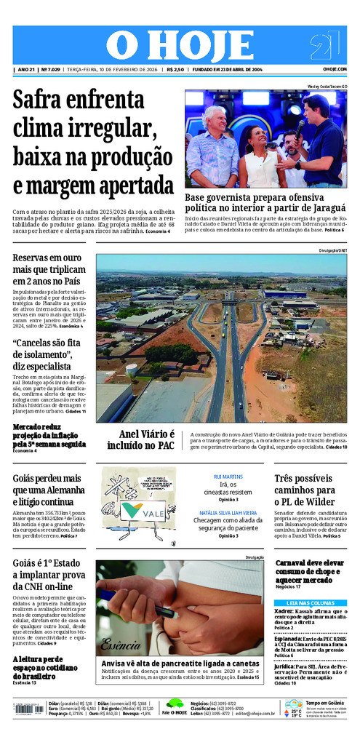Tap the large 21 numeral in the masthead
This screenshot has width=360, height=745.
[x=324, y=46]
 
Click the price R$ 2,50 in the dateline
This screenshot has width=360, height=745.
[x=175, y=70]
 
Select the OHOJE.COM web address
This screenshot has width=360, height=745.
[x=335, y=70]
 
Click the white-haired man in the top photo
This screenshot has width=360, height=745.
[x=212, y=146]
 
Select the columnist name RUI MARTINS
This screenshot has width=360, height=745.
[x=228, y=476]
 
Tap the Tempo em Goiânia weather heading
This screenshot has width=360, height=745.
[x=324, y=702]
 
